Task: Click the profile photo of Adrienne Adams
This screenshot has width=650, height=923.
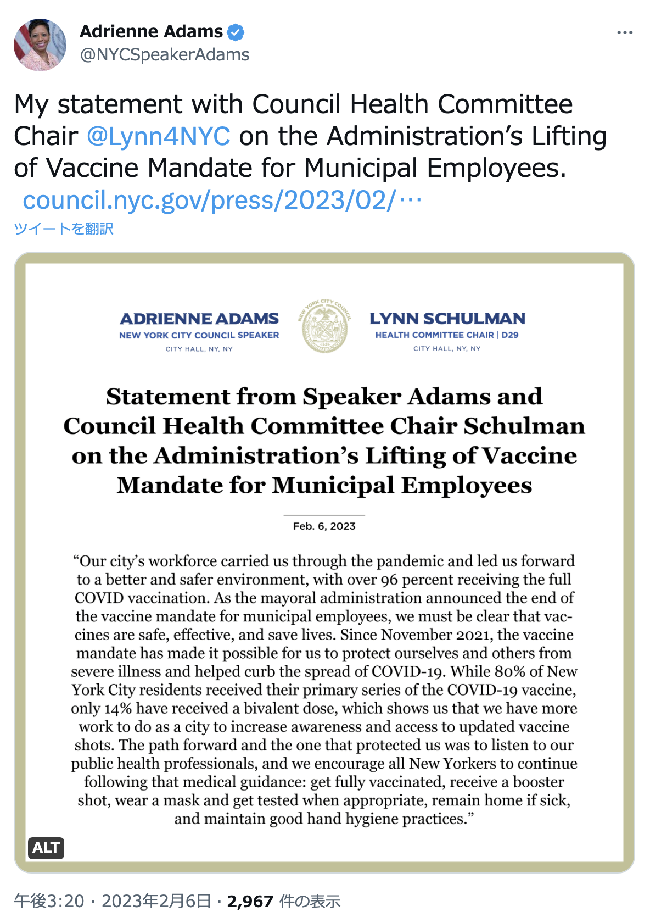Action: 40,45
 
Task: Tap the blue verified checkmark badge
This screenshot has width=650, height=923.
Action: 236,32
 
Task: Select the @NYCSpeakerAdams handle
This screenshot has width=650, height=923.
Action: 165,55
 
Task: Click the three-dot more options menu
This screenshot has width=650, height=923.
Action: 625,33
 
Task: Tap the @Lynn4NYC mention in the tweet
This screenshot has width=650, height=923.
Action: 159,136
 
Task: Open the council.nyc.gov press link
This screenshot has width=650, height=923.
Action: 222,201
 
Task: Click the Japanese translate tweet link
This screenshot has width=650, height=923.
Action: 64,229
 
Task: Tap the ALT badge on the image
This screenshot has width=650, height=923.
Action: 46,848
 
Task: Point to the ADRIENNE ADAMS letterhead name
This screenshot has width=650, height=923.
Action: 199,319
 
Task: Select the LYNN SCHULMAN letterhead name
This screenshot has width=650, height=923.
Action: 447,319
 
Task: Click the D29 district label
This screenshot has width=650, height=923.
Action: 510,335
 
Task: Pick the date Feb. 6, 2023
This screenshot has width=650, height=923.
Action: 324,526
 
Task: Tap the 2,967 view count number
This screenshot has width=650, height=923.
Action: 250,902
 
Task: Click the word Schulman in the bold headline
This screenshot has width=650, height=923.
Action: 524,426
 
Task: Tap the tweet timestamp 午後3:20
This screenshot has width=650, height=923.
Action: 49,902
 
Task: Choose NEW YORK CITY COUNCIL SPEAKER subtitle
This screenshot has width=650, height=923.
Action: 199,335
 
